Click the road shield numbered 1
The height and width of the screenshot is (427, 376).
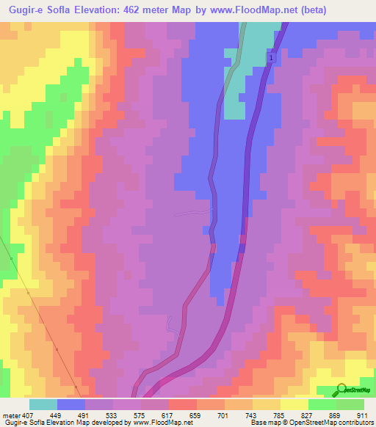pyautogui.click(x=271, y=58)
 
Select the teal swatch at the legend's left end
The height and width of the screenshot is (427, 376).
pyautogui.click(x=43, y=404)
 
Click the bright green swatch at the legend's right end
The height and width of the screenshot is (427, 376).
pyautogui.click(x=350, y=404)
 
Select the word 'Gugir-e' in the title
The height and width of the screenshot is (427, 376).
pyautogui.click(x=23, y=10)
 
